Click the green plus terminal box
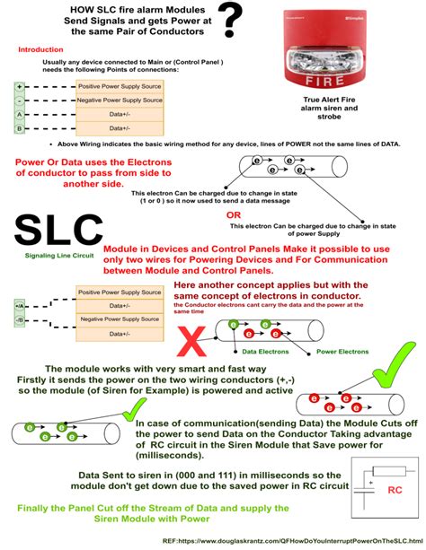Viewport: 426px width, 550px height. click(19, 87)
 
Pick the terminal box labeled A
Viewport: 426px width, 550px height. click(19, 115)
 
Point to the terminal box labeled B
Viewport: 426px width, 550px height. click(19, 128)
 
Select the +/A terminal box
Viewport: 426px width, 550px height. click(19, 306)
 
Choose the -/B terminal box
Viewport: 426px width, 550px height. click(19, 319)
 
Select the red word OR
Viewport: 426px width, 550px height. click(233, 215)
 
